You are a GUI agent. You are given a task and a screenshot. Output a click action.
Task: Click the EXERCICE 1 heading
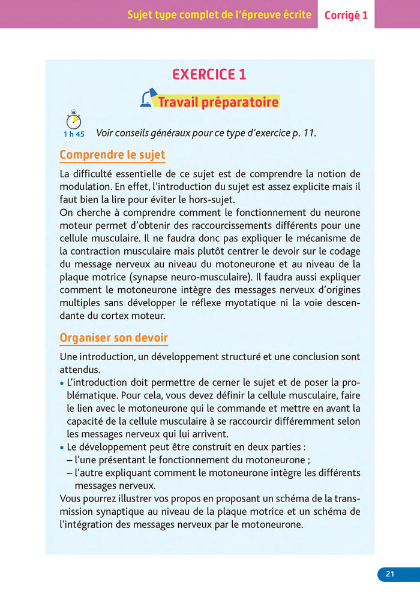pyautogui.click(x=209, y=74)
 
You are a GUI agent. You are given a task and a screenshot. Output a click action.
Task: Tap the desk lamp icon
pyautogui.click(x=148, y=98)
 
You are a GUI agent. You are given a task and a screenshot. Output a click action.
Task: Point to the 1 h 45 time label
pyautogui.click(x=74, y=134)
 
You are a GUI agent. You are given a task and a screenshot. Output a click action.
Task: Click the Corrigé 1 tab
pyautogui.click(x=346, y=16)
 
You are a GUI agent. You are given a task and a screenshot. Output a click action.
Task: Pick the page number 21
pyautogui.click(x=390, y=574)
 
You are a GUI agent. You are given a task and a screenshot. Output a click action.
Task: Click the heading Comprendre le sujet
pyautogui.click(x=112, y=155)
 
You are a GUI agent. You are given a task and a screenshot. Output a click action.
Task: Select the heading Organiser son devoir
pyautogui.click(x=113, y=338)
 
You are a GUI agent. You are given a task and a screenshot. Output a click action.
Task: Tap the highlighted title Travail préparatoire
pyautogui.click(x=218, y=102)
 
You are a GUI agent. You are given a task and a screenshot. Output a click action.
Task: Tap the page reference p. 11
pyautogui.click(x=304, y=132)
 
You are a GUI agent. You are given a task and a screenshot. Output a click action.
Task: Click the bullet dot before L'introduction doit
pyautogui.click(x=62, y=383)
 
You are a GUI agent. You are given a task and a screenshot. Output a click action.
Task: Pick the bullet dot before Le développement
pyautogui.click(x=62, y=448)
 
